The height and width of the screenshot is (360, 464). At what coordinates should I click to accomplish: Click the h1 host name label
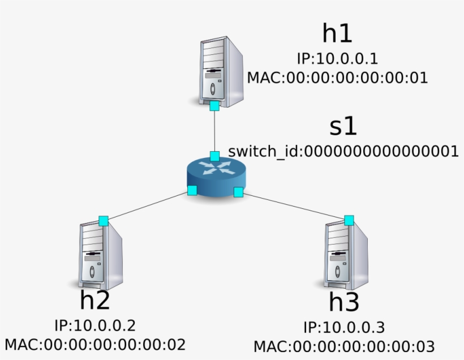click(x=337, y=34)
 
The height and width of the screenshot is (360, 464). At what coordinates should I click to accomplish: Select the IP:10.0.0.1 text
click(x=337, y=58)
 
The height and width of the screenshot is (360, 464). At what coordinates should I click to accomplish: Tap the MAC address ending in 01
click(x=337, y=78)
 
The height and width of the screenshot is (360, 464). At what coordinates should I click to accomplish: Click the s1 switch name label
click(x=343, y=127)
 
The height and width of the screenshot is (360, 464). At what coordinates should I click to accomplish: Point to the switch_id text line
click(x=343, y=151)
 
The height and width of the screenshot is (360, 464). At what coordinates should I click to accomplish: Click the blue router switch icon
click(x=215, y=178)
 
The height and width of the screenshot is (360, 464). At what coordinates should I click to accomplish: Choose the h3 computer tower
click(x=346, y=255)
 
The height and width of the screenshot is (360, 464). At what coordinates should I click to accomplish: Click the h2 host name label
click(x=94, y=300)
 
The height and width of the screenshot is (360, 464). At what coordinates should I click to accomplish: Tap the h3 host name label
click(x=344, y=303)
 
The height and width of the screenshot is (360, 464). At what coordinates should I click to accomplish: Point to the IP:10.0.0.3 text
click(x=344, y=328)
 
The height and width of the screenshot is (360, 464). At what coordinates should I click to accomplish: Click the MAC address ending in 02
click(x=95, y=344)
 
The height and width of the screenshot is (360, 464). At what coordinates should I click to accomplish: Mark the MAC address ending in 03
click(x=344, y=346)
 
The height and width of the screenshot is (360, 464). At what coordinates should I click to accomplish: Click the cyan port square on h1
click(x=214, y=106)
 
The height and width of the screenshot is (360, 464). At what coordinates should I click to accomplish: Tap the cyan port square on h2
click(x=103, y=220)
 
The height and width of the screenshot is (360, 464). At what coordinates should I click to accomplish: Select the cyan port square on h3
click(x=349, y=220)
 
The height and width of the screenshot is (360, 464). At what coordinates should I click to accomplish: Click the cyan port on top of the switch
click(x=214, y=156)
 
